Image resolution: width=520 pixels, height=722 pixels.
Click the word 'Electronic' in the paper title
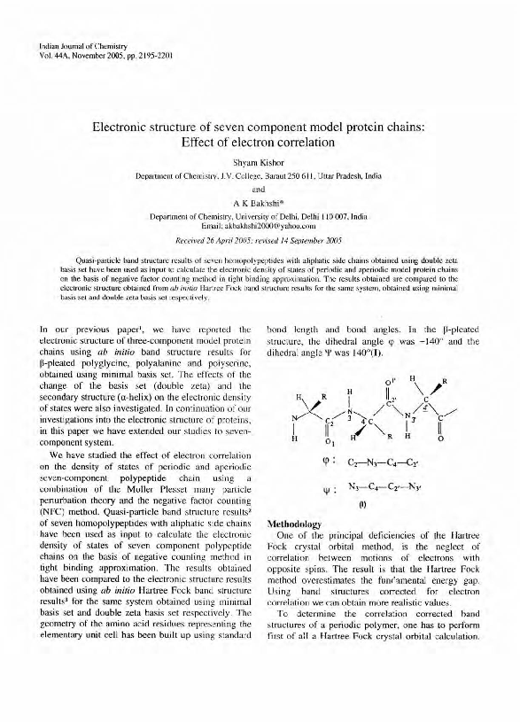[x=125, y=127]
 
